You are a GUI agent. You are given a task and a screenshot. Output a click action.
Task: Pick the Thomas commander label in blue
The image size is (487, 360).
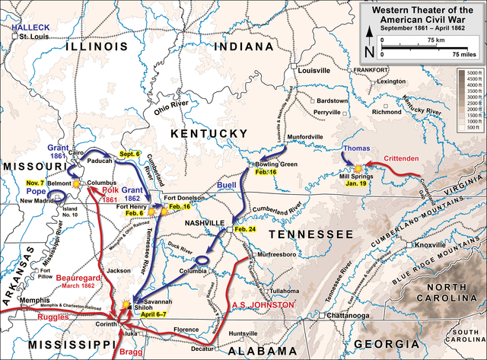point(356,148)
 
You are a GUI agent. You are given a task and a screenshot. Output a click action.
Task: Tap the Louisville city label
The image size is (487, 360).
point(313,70)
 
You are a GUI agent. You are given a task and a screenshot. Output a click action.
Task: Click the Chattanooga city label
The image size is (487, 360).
point(352,315)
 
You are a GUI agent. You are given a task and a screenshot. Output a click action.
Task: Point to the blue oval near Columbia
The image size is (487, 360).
point(203,262)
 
